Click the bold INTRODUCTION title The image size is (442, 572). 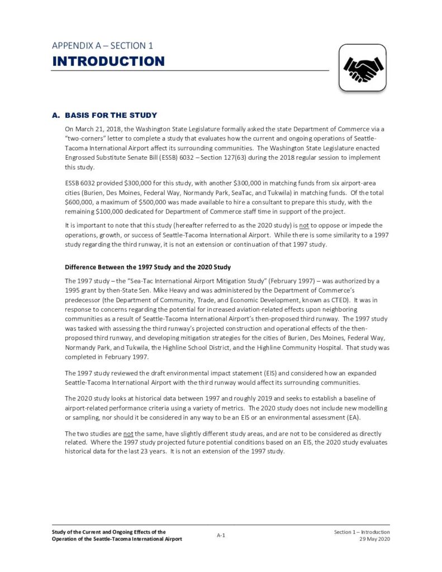pyautogui.click(x=108, y=61)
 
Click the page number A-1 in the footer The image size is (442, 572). pyautogui.click(x=221, y=535)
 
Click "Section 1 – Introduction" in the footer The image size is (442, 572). pyautogui.click(x=358, y=532)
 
